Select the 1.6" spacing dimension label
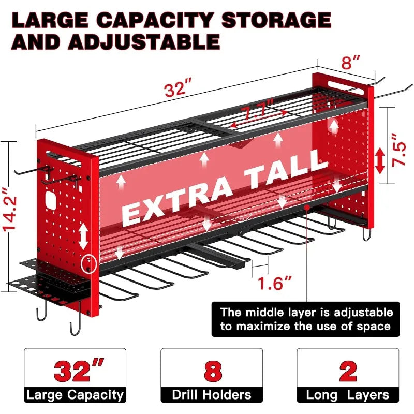[275, 283]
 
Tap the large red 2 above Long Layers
[347, 372]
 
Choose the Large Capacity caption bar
[75, 395]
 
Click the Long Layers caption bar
[347, 395]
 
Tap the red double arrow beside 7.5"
[380, 160]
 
